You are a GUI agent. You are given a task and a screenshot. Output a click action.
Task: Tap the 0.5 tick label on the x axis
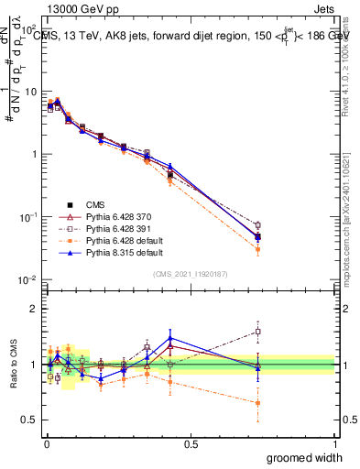coord(191,442)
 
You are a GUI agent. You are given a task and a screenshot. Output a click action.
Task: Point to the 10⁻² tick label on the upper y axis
coord(27,279)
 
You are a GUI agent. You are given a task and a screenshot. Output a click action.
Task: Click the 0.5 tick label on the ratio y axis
coord(28,420)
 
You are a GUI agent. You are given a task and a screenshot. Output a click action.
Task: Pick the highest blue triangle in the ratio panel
coord(170,338)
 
